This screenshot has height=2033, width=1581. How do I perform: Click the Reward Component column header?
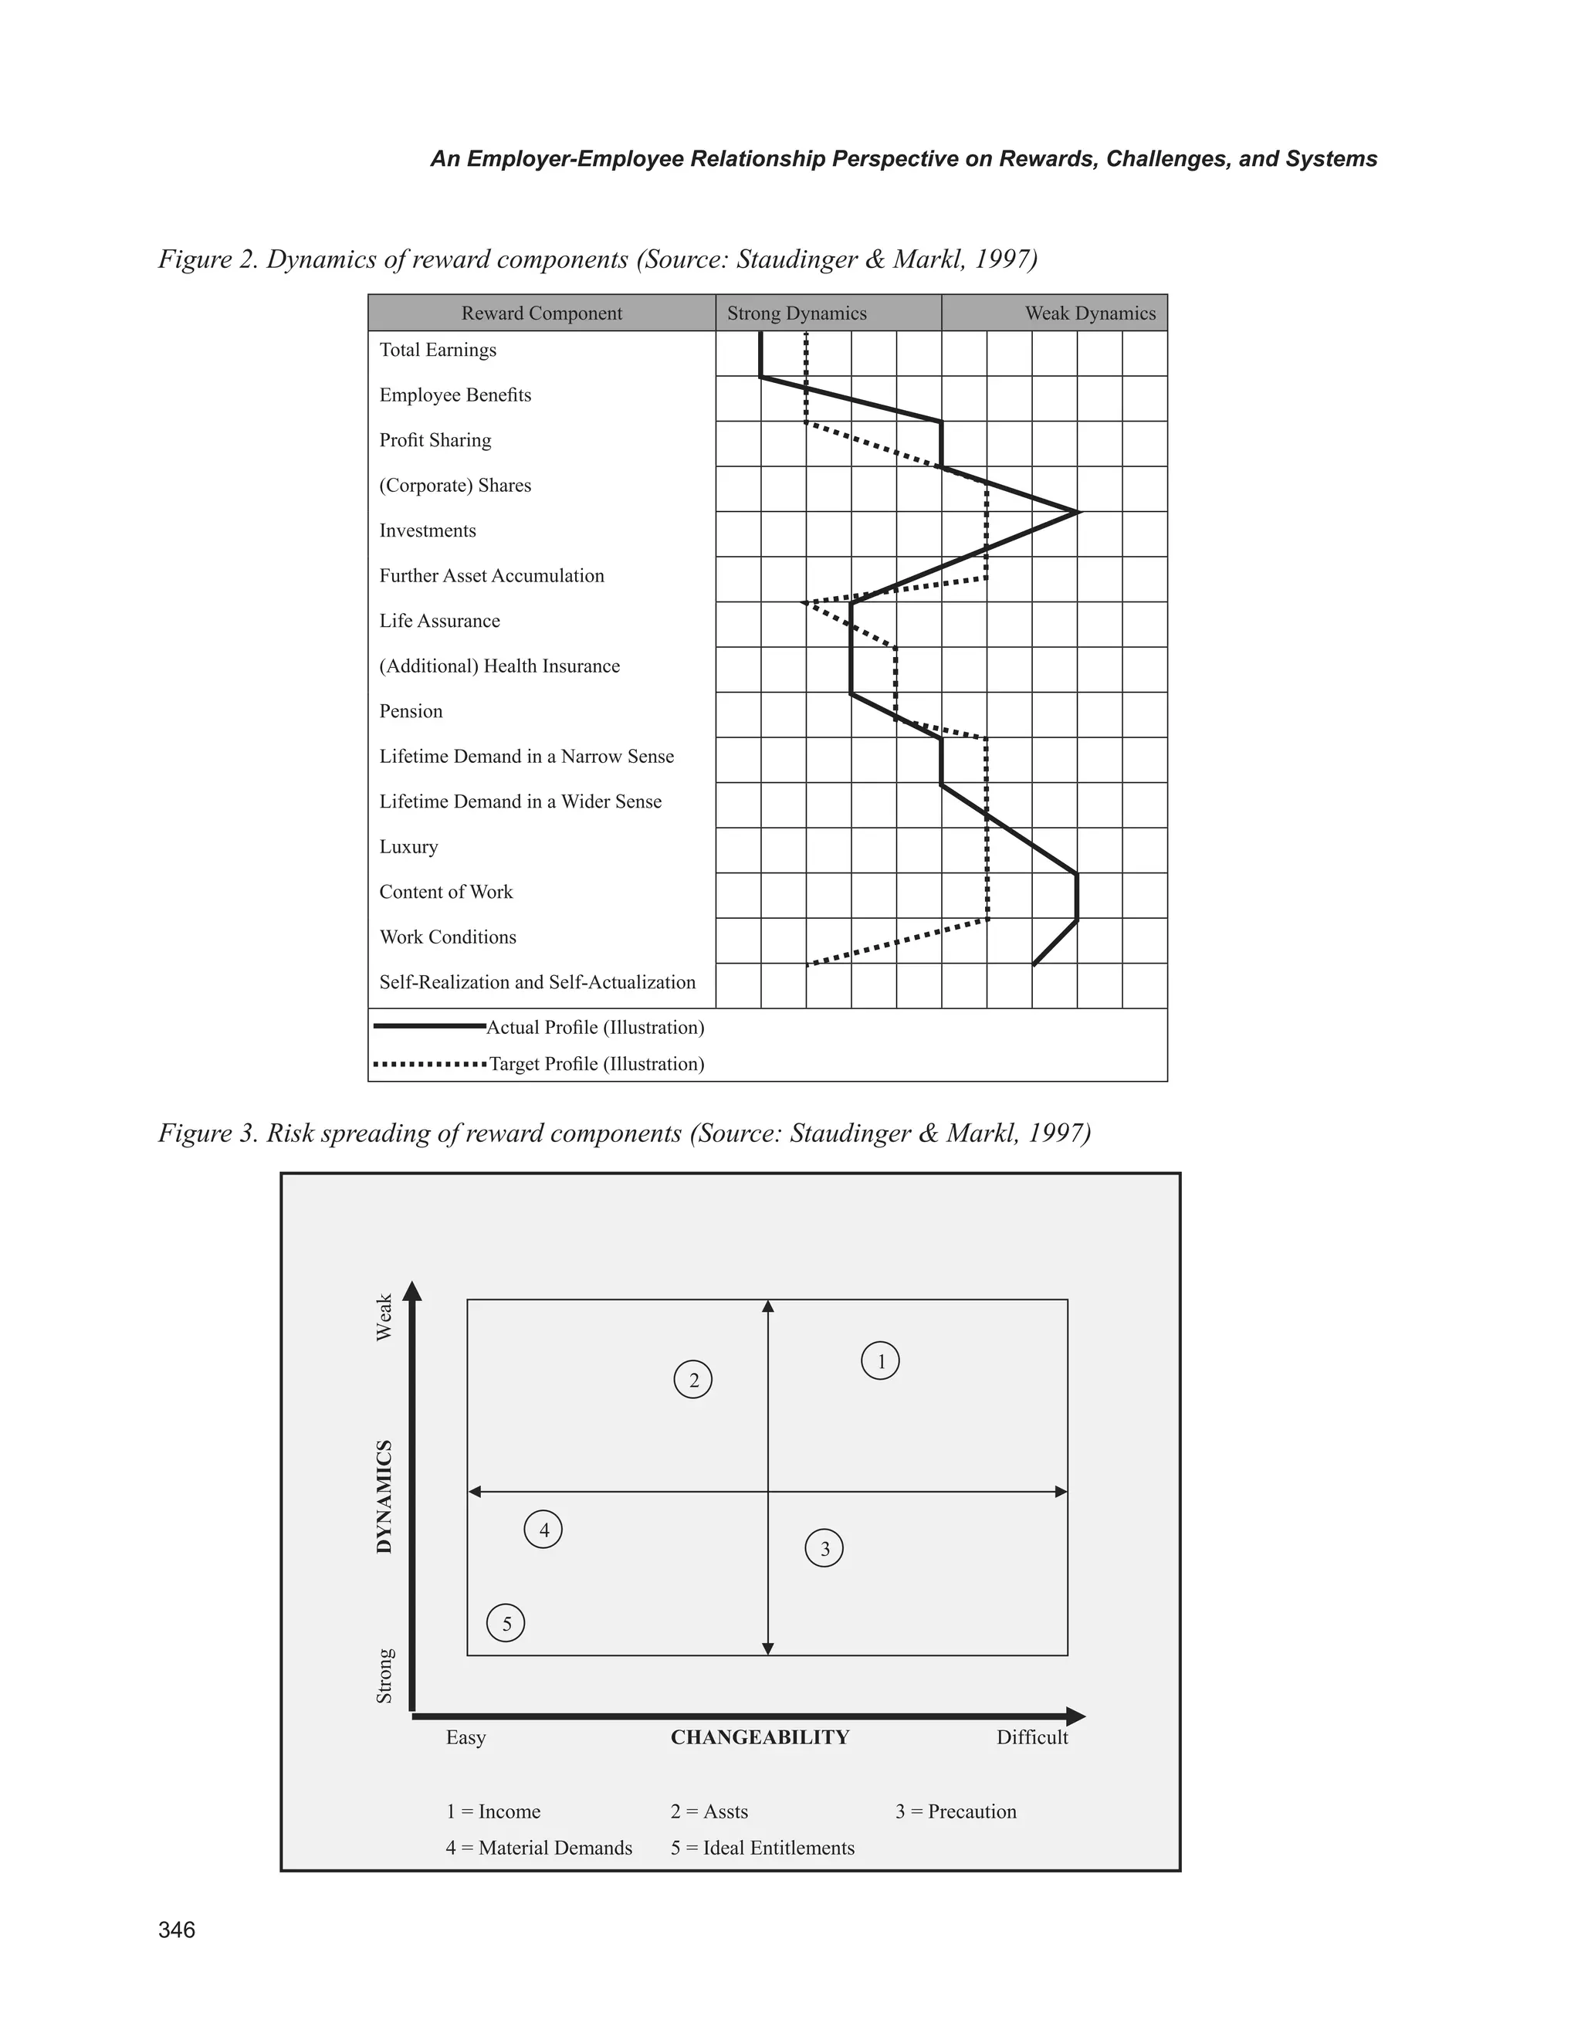(542, 313)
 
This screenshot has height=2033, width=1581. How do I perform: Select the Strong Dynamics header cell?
(797, 313)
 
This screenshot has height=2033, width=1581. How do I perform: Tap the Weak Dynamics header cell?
(1090, 313)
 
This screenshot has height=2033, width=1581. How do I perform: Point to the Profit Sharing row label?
(435, 440)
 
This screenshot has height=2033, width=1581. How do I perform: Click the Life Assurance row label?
(439, 621)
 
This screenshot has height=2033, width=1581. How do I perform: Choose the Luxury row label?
(408, 847)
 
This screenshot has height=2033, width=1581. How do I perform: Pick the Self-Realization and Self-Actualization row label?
(537, 982)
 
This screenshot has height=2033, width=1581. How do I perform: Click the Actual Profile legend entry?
(594, 1028)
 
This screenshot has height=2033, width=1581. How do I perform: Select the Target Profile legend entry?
(597, 1064)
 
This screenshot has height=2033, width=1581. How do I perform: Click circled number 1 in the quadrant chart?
(880, 1361)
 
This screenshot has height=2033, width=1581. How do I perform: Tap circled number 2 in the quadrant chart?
(693, 1380)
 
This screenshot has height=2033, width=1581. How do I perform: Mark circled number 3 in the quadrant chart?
(824, 1549)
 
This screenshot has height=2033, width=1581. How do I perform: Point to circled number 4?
(543, 1530)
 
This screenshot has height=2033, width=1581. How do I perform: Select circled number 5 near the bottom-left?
(506, 1625)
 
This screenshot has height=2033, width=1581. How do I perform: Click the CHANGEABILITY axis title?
(760, 1737)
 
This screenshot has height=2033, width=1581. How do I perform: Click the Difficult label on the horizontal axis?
(1032, 1737)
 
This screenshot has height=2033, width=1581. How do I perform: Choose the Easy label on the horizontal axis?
(465, 1737)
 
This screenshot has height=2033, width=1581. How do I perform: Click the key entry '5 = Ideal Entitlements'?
(762, 1848)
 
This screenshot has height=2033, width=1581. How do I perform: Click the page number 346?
(177, 1930)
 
